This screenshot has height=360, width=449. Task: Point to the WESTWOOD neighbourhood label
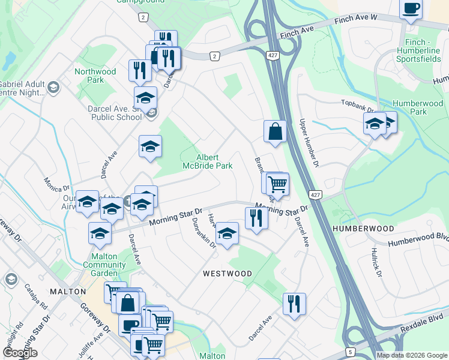[x=227, y=274]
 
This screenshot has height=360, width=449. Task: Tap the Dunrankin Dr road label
[x=203, y=232]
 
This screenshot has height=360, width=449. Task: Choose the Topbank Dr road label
[x=358, y=106]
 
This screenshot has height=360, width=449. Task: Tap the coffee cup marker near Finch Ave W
[x=411, y=8]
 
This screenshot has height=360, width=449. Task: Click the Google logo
[x=19, y=353]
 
